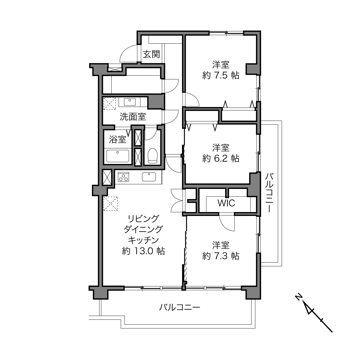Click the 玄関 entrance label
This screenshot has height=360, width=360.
tap(151, 54)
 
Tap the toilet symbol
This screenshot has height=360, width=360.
tap(152, 156)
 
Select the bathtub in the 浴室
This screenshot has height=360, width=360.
tap(118, 156)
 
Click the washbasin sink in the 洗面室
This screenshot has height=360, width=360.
tap(129, 102)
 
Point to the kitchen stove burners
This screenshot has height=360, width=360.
tap(123, 177)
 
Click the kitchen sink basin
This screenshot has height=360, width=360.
tap(149, 177)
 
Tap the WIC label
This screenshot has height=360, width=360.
tap(226, 203)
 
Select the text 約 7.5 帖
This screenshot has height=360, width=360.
tap(221, 75)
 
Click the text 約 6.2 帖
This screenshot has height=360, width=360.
tap(221, 158)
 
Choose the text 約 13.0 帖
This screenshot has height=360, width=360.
tap(143, 251)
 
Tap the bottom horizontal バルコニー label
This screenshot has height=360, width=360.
tap(179, 307)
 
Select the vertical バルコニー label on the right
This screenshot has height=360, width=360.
tap(269, 193)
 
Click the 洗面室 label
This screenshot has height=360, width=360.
tap(133, 117)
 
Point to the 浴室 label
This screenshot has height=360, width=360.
tap(117, 139)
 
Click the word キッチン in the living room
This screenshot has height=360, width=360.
tap(143, 240)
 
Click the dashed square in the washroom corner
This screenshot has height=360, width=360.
tap(110, 104)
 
